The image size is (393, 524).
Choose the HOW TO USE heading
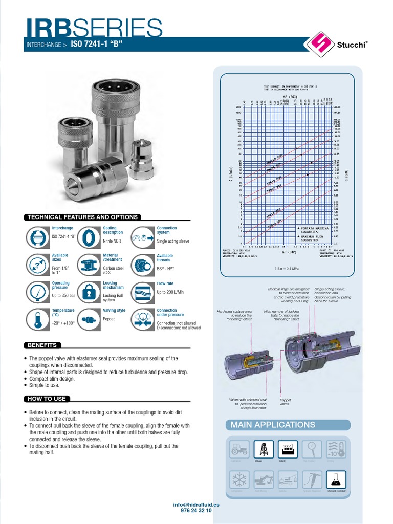[x=46, y=399]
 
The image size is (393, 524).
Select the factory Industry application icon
[x=288, y=449]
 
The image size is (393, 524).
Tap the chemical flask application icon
[x=336, y=480]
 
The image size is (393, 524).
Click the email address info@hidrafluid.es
[x=196, y=505]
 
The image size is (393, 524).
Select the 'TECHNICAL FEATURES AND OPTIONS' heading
[x=82, y=217]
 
